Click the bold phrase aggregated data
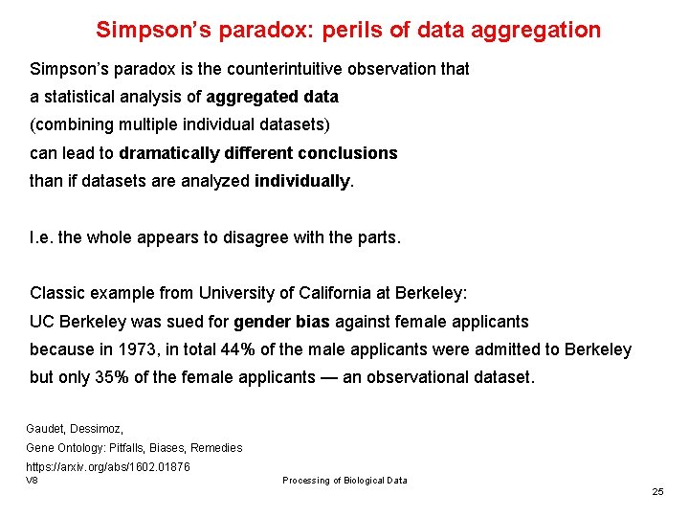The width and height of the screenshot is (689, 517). (273, 97)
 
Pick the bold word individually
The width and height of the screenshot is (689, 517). (302, 181)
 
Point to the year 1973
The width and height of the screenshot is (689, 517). (141, 349)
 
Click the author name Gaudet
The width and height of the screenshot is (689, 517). (45, 429)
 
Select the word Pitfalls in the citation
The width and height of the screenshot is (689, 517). (134, 447)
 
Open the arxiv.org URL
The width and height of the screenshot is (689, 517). (107, 466)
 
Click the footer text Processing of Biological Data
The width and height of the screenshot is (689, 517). (344, 480)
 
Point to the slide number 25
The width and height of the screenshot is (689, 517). (657, 491)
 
